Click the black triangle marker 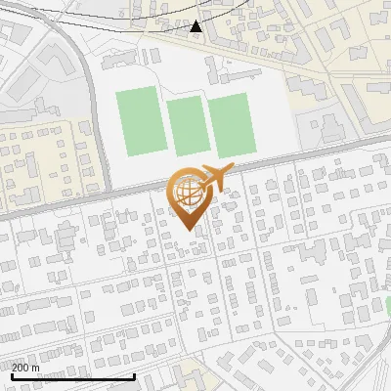[x=195, y=25]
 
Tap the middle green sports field [x=186, y=126]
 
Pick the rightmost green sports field [x=232, y=125]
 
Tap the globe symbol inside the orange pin [x=188, y=192]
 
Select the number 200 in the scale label [x=22, y=368]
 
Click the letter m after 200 [x=36, y=368]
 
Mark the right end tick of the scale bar [x=134, y=374]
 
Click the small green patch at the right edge [x=387, y=307]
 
